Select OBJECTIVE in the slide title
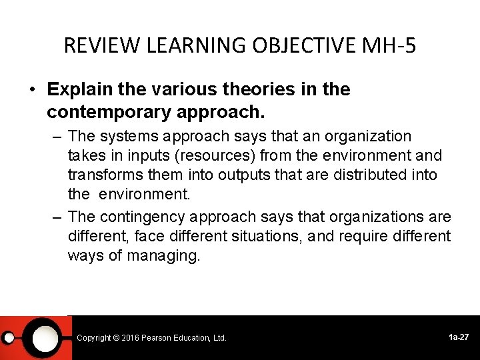pos(303,45)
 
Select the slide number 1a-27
pos(459,337)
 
